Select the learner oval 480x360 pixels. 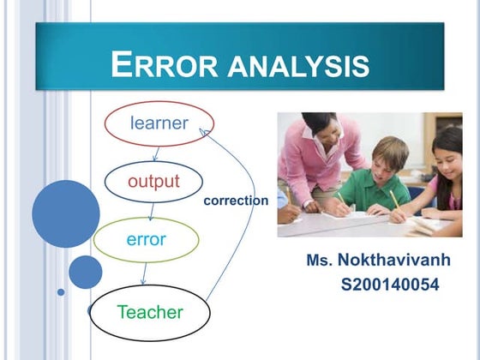[x=159, y=123]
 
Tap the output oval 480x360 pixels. [x=153, y=181]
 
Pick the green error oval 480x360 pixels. [x=146, y=239]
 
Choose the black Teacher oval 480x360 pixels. [x=150, y=312]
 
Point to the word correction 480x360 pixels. [x=236, y=201]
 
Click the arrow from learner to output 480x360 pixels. [x=156, y=153]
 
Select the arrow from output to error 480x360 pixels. [x=151, y=210]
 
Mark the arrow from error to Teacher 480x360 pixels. [x=143, y=273]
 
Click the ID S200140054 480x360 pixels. [x=390, y=284]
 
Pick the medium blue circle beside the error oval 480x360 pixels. [x=85, y=272]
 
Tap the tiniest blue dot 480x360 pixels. [x=61, y=291]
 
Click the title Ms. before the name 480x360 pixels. [x=319, y=259]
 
